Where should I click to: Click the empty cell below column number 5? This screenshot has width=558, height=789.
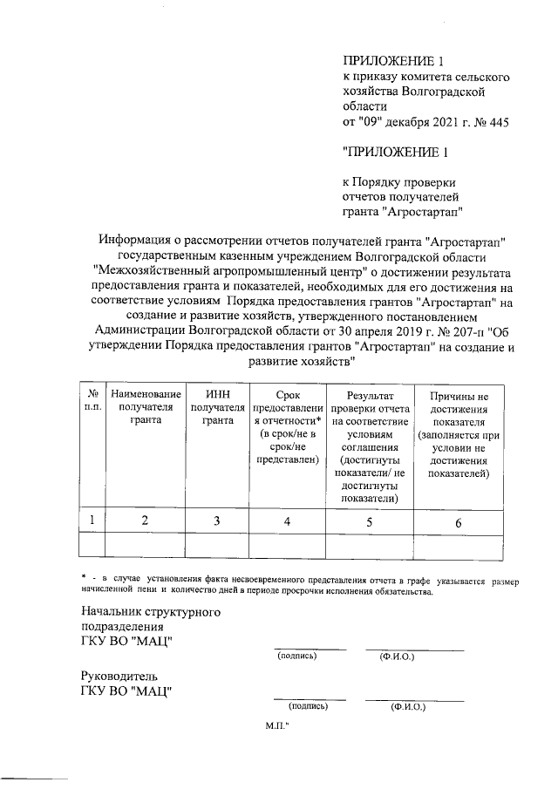(x=370, y=546)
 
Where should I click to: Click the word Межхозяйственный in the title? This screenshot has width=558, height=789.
(x=151, y=270)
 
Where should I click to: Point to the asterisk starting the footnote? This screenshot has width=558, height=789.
(x=81, y=579)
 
